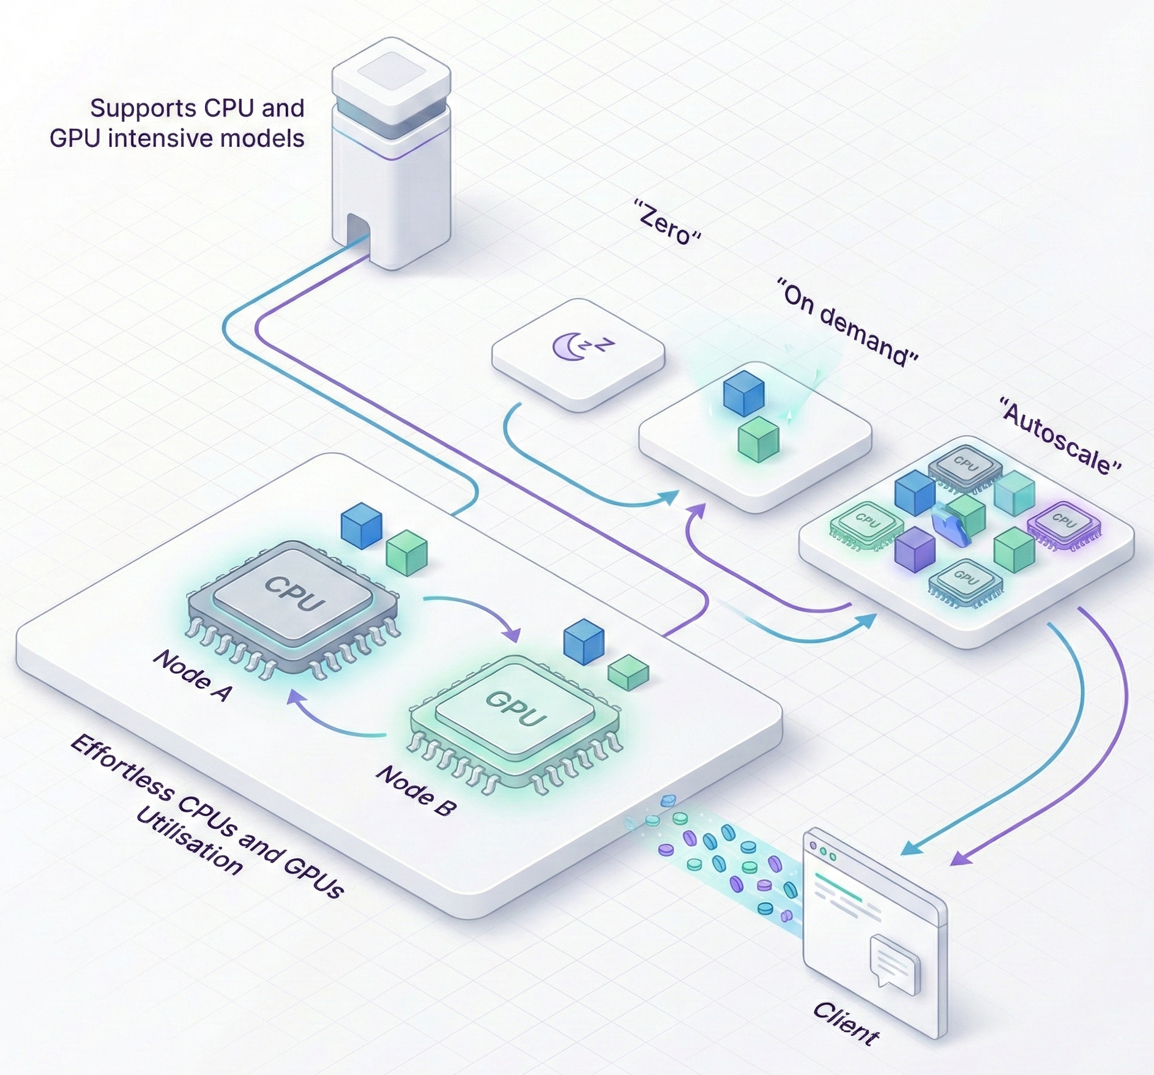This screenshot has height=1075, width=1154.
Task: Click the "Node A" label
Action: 192,675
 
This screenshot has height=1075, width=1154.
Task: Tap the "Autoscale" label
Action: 1060,435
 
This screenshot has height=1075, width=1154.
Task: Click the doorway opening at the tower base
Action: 357,236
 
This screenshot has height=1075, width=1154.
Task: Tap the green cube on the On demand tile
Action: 758,439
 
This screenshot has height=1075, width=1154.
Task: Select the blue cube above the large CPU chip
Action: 362,525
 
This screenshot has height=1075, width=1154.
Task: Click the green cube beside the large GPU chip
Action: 628,672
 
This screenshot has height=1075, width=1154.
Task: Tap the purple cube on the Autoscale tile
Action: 915,549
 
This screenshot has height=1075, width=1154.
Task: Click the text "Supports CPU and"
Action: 197,108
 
